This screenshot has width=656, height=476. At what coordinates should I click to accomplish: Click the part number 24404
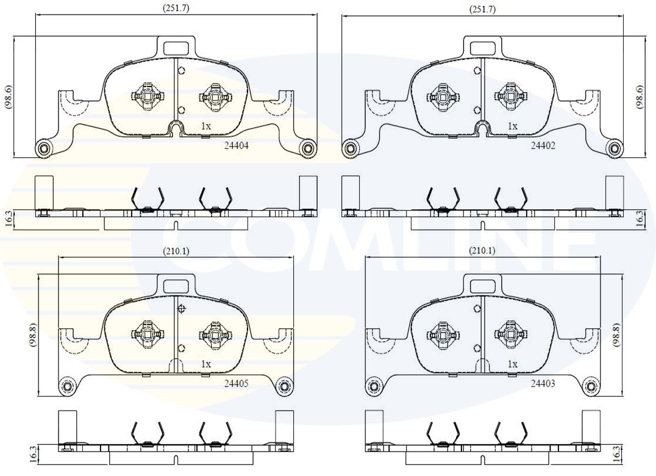237,146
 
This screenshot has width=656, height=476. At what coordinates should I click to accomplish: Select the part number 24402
543,146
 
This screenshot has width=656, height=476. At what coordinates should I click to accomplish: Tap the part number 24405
237,383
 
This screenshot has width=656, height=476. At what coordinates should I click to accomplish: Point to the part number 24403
543,383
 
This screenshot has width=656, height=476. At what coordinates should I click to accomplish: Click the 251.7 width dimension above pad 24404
176,8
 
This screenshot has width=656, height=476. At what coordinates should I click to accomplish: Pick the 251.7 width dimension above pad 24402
482,8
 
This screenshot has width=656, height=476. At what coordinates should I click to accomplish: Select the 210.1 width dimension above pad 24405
176,251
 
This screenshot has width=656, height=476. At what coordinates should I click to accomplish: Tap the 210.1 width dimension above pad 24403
482,251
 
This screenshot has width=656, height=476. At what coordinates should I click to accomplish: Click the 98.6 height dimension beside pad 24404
9,96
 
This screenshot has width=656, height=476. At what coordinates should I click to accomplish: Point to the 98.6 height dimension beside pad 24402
640,96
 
